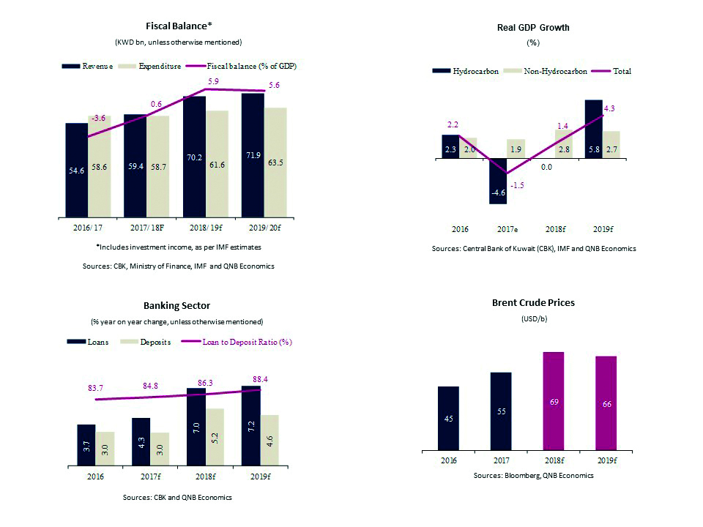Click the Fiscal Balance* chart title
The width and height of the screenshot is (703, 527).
(179, 26)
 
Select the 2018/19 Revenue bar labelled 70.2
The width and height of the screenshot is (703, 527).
(194, 157)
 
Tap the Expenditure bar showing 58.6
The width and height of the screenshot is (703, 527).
(100, 167)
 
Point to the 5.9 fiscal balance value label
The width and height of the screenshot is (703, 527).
(212, 82)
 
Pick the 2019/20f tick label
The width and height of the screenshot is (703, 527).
(264, 228)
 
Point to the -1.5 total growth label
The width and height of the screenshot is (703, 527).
(518, 185)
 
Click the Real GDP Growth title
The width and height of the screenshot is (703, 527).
(533, 28)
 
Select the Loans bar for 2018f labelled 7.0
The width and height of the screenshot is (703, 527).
(196, 427)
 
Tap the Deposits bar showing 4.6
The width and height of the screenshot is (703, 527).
(270, 441)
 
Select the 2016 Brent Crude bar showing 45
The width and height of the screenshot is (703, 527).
(448, 419)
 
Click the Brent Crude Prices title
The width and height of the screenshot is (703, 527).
(532, 302)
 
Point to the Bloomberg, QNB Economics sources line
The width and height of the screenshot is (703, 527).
(532, 475)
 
